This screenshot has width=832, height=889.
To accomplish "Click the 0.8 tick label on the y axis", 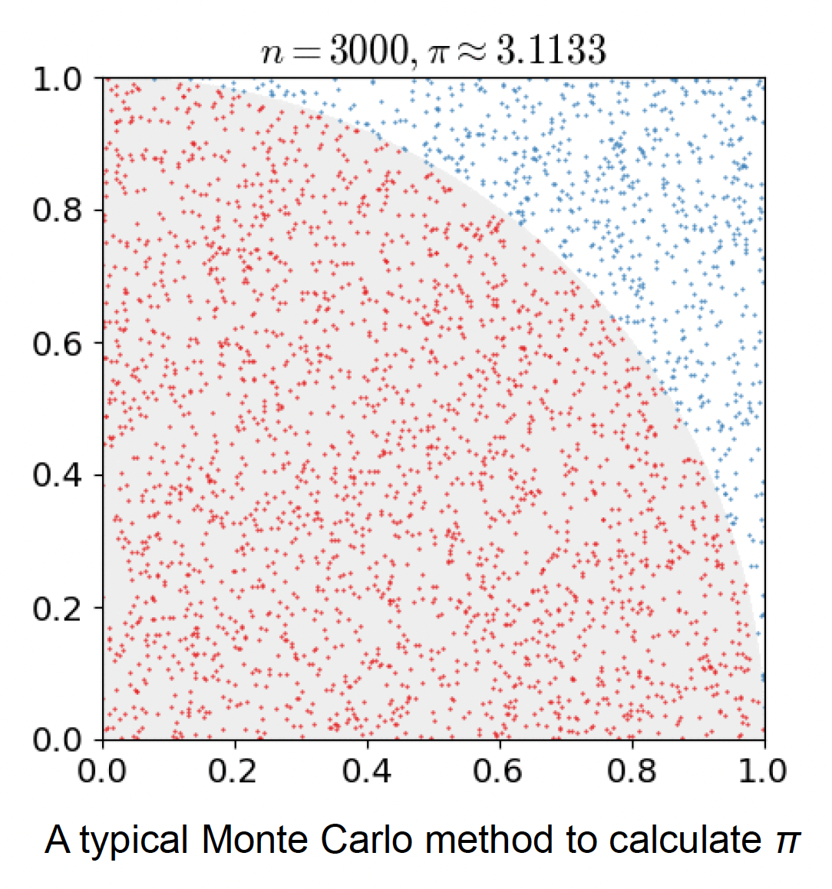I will [x=58, y=210].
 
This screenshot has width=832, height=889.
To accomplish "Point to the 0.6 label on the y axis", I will [x=58, y=343].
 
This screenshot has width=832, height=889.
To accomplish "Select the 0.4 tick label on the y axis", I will [x=58, y=475].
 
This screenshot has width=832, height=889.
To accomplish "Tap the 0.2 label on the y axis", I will [x=58, y=608].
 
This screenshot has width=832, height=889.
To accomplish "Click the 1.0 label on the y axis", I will [x=58, y=78].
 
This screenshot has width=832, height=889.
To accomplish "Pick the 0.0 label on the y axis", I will [x=58, y=740].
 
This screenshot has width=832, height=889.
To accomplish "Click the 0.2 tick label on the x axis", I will [x=234, y=770].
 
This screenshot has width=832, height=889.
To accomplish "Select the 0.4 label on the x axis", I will [x=367, y=770].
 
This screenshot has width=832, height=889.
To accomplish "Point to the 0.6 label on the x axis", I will [x=499, y=770].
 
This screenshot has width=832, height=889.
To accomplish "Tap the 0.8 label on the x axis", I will [x=632, y=770].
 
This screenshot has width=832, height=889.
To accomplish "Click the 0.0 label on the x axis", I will [x=103, y=770].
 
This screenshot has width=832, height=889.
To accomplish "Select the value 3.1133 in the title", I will [x=551, y=51].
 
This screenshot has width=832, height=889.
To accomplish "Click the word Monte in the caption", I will [x=257, y=840].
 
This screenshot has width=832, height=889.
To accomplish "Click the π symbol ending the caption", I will [x=787, y=843].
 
